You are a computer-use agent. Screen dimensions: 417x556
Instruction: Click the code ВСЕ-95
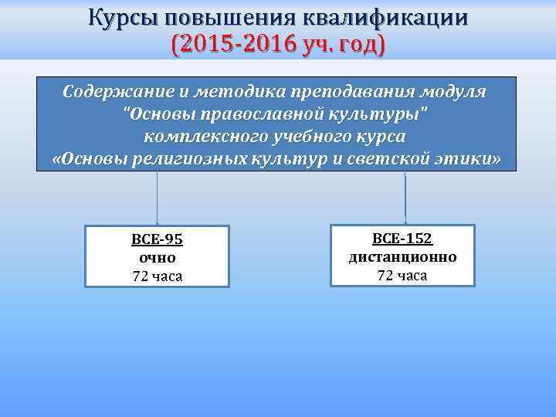click(157, 239)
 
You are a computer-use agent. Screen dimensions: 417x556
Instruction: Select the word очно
click(157, 258)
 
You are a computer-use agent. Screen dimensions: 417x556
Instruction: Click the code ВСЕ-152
click(402, 239)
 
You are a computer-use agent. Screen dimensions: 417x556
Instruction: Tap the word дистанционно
click(402, 257)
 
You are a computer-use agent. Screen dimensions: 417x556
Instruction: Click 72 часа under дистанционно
click(402, 276)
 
